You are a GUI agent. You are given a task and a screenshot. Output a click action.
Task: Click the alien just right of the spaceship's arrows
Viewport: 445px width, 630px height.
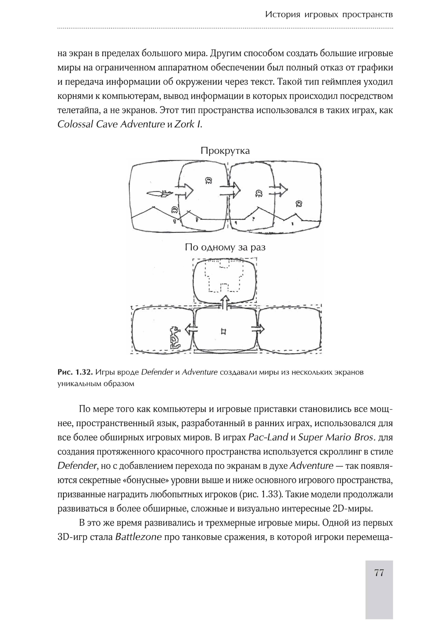[209, 180]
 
